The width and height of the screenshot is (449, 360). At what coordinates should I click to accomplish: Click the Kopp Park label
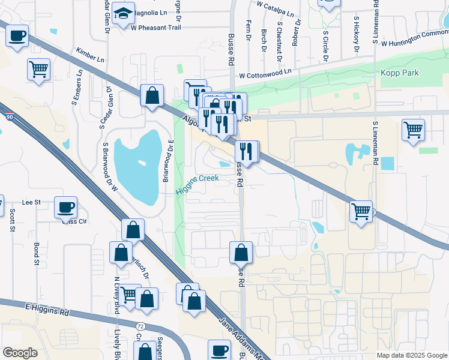click(x=399, y=73)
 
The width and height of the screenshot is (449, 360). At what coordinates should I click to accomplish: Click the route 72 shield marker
click(x=140, y=325)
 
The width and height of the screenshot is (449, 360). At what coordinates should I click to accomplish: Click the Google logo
click(x=20, y=352)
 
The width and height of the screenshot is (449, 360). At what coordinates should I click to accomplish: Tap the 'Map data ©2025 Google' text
click(x=411, y=355)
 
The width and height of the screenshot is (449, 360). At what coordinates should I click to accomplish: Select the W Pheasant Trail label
click(x=155, y=28)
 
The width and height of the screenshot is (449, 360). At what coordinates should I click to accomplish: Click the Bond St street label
click(x=37, y=253)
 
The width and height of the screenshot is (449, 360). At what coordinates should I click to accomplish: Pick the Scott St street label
click(x=11, y=221)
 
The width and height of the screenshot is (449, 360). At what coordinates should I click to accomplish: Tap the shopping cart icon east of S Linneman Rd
click(x=414, y=130)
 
